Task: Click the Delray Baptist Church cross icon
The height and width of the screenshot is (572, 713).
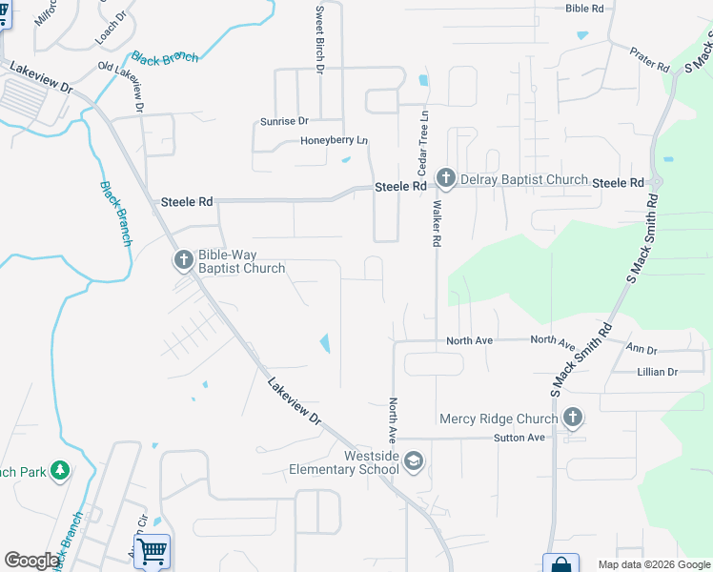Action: click(445, 177)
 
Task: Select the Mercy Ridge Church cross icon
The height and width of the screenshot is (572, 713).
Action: click(572, 417)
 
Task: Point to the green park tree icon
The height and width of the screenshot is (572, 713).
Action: click(60, 470)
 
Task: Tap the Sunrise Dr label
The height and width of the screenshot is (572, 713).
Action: click(284, 121)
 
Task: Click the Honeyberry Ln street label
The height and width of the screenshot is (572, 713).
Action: click(334, 141)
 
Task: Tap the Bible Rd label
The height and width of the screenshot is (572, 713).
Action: click(584, 9)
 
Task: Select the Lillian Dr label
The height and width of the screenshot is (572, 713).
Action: click(657, 372)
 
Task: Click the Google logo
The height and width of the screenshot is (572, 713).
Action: click(31, 560)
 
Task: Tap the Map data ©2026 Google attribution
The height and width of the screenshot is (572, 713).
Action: click(653, 564)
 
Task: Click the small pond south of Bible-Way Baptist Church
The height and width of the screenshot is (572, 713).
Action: click(325, 342)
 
